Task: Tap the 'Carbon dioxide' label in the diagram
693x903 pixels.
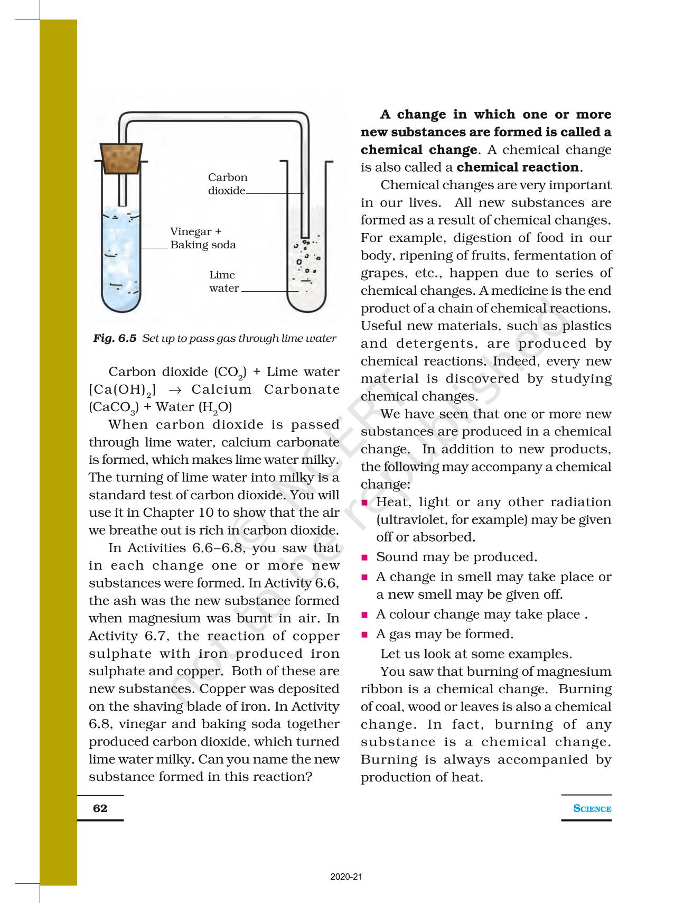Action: coord(227,184)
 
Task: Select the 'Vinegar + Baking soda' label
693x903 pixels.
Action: coord(203,238)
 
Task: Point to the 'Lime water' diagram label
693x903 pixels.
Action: coord(223,282)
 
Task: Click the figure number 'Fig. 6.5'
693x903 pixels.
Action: coord(115,338)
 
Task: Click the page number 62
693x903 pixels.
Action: coord(100,808)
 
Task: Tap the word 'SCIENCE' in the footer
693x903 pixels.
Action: coord(592,808)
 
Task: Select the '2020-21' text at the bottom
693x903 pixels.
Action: coord(346,878)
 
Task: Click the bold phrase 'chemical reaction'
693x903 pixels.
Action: coord(518,167)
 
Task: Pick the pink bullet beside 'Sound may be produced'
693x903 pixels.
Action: coord(364,557)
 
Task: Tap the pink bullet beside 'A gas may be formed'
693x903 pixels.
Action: coord(364,635)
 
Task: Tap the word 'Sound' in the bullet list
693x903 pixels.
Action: coord(393,557)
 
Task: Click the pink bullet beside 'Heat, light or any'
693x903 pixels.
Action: coord(364,502)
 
